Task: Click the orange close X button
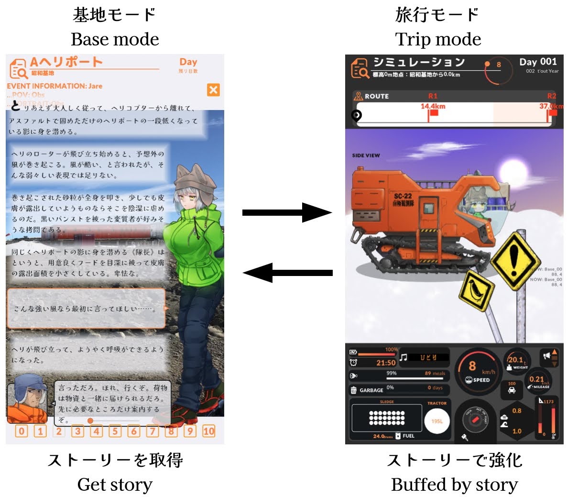213,90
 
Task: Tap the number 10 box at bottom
209,431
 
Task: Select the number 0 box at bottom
22,431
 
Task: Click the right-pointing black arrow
287,212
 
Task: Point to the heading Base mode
115,39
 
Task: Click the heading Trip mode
438,39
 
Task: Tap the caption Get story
115,485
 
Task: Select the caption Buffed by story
454,485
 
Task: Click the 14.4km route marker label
433,106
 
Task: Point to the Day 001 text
538,62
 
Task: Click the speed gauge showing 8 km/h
476,371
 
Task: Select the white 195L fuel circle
437,421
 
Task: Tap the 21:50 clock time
386,363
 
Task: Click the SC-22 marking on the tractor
403,196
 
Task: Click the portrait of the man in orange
27,397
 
